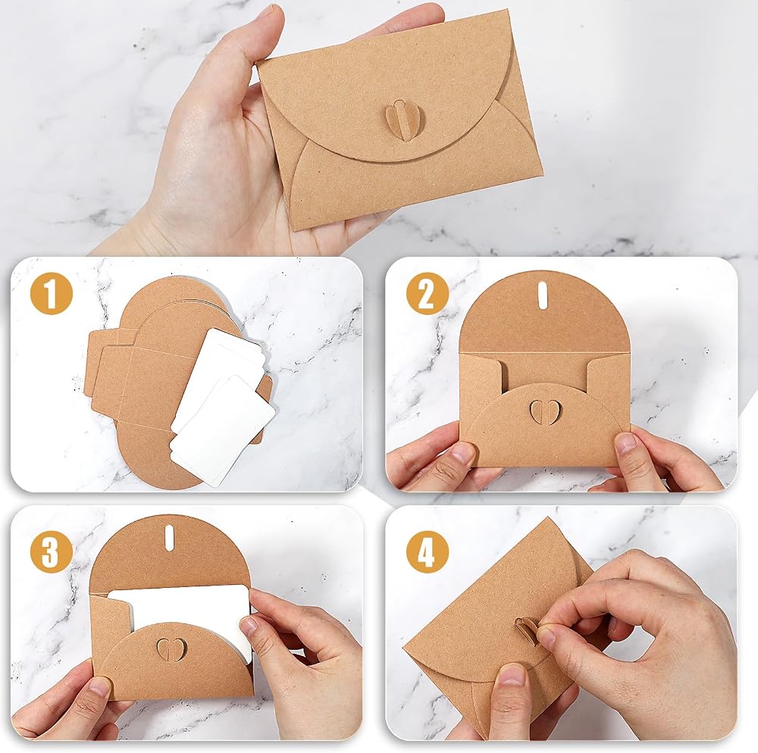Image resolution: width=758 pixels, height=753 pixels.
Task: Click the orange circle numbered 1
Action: point(52,293)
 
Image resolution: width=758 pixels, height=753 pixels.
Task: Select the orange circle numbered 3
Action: point(52,551)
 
